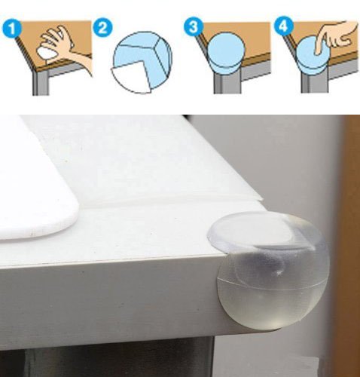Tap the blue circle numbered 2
pos(102,28)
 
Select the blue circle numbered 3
pos(194,27)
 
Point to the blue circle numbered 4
pos(283,26)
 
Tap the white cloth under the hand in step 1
pos(48,53)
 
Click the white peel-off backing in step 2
pos(130,77)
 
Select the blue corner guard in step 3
pos(226,52)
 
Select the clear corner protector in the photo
pos(270,270)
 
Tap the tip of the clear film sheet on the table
pos(263,199)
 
